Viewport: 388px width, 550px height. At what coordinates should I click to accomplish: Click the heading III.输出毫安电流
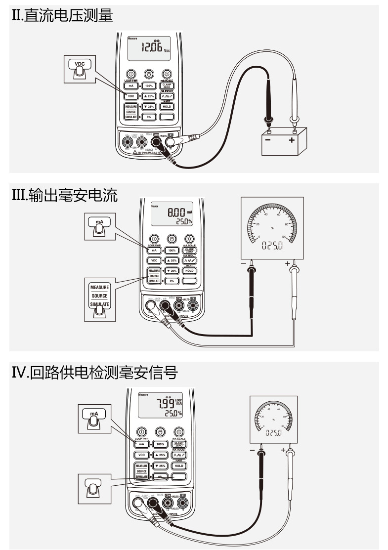pyautogui.click(x=64, y=196)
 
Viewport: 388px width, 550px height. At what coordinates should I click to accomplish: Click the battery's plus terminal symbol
pyautogui.click(x=292, y=140)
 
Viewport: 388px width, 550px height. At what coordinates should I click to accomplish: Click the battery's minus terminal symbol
pyautogui.click(x=267, y=140)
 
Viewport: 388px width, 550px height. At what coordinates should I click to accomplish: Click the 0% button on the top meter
pyautogui.click(x=149, y=117)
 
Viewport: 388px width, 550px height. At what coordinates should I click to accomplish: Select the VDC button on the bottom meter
pyautogui.click(x=141, y=455)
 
